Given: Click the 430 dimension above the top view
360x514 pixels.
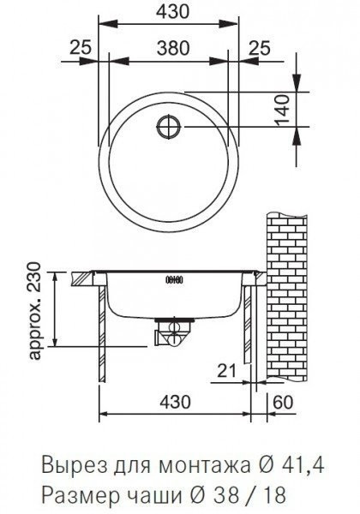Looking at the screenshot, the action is [173, 12].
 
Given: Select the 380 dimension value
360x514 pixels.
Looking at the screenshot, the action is [173, 48].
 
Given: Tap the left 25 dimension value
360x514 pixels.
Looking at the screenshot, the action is [81, 48].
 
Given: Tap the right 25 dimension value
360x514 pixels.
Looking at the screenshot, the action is [260, 48].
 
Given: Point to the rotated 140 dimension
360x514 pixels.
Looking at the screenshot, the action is [283, 110].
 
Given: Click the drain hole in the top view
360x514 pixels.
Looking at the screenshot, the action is [169, 126].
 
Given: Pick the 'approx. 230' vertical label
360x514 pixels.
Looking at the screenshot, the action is [35, 310].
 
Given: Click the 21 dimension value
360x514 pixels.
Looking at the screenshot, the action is [227, 371].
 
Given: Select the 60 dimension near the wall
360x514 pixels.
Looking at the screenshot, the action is [283, 403].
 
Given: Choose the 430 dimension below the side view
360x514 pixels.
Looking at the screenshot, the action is [176, 403].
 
